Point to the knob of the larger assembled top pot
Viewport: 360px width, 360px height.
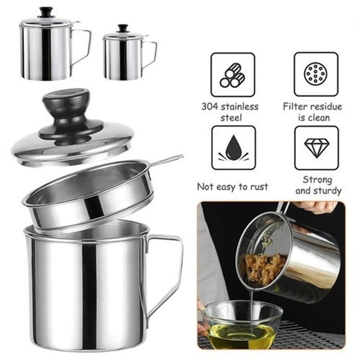coord(45,11)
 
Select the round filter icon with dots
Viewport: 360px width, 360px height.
coord(316,73)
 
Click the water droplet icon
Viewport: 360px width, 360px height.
coord(233,148)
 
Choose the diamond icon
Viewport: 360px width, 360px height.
coord(316,147)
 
